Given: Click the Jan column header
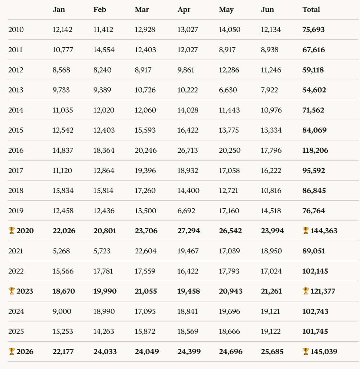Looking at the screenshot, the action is point(59,10).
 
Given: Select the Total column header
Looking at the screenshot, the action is point(311,10).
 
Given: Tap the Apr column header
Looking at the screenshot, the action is point(184,10).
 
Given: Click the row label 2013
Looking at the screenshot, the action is point(16,90).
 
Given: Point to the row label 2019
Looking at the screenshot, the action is point(16,210).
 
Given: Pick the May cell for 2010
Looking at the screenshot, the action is point(229,30).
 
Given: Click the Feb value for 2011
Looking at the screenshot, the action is point(104,50).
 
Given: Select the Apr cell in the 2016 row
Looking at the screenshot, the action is point(188,150).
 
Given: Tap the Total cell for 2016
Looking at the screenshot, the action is point(315,150).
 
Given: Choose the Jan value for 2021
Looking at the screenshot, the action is point(61,251).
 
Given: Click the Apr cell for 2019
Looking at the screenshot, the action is point(186,210).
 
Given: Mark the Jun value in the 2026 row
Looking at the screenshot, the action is point(272,352).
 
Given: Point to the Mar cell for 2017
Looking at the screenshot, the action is point(145,170).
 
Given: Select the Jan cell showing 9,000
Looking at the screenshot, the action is point(62,311).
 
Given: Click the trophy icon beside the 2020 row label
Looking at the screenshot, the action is point(12,230).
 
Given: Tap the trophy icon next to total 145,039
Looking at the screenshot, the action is point(306,351).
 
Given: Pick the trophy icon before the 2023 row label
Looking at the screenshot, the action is point(12,291).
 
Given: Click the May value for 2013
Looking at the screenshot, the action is point(228,90).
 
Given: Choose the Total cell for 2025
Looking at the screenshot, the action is point(315,332).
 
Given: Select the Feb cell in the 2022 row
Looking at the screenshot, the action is point(103,271).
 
